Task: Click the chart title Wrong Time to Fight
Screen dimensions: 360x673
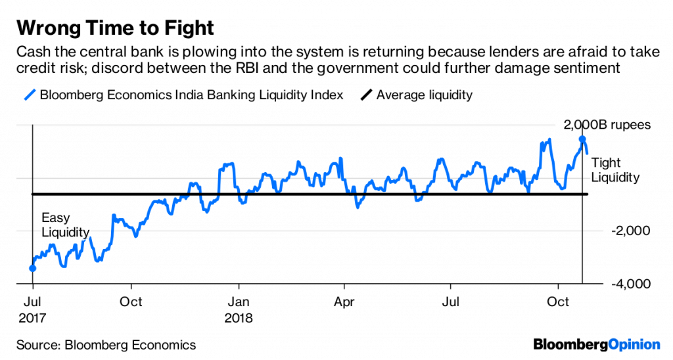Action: (x=115, y=28)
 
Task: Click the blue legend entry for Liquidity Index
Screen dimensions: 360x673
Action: (x=184, y=95)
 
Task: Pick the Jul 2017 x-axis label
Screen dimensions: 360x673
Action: (x=32, y=309)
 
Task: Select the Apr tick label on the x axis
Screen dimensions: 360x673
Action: (x=344, y=302)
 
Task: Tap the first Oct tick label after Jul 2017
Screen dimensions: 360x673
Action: (x=131, y=302)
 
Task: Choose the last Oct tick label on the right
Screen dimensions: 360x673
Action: (x=557, y=302)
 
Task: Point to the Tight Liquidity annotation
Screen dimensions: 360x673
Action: (x=615, y=170)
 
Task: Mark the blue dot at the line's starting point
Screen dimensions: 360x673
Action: (x=32, y=268)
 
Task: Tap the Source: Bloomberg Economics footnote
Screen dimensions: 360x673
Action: (x=106, y=344)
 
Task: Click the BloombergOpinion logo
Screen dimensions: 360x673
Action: (x=596, y=344)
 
